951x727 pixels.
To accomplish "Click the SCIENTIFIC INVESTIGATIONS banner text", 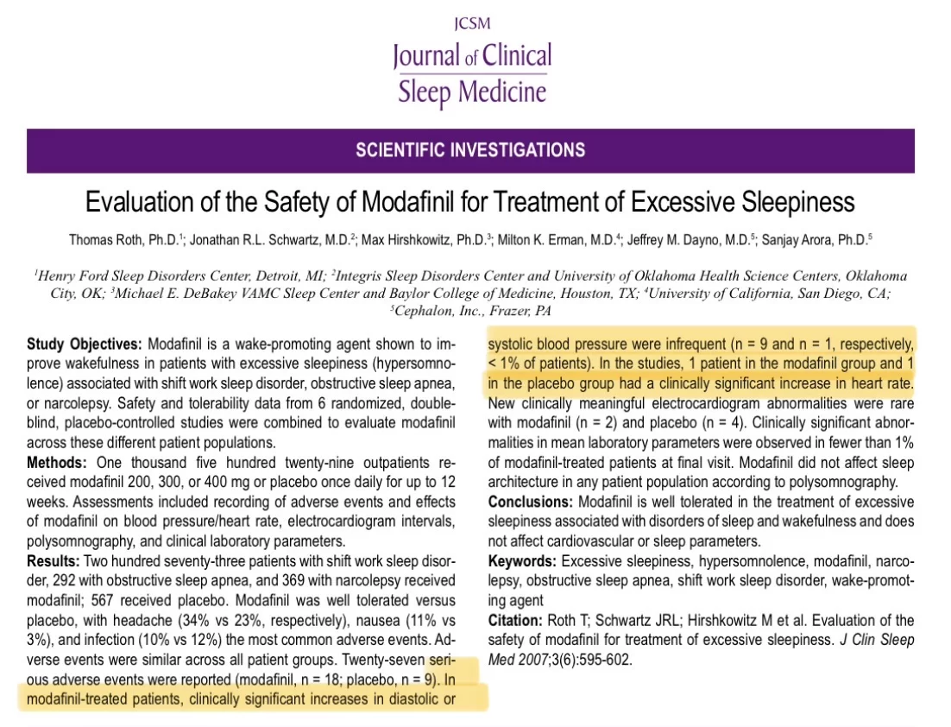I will pos(470,149).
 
